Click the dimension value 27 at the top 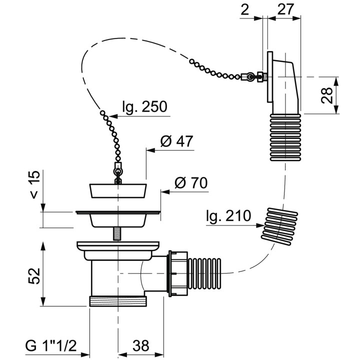pos(285,9)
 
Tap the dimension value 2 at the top pos(244,9)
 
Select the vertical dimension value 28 pos(327,95)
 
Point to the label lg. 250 pos(144,106)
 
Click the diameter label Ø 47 pos(177,140)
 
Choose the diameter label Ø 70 pos(191,183)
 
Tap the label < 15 pos(34,184)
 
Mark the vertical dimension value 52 pos(34,275)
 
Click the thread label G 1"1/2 pos(50,346)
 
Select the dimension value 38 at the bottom pos(140,346)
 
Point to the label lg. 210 pos(228,216)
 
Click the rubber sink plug pos(118,190)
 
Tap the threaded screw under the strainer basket pos(117,233)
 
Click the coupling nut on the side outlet pos(178,273)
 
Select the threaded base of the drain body pos(117,301)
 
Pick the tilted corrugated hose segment pos(279,226)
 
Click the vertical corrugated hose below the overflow pos(285,137)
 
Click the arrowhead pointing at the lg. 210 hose pos(260,225)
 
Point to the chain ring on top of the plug pos(118,171)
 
